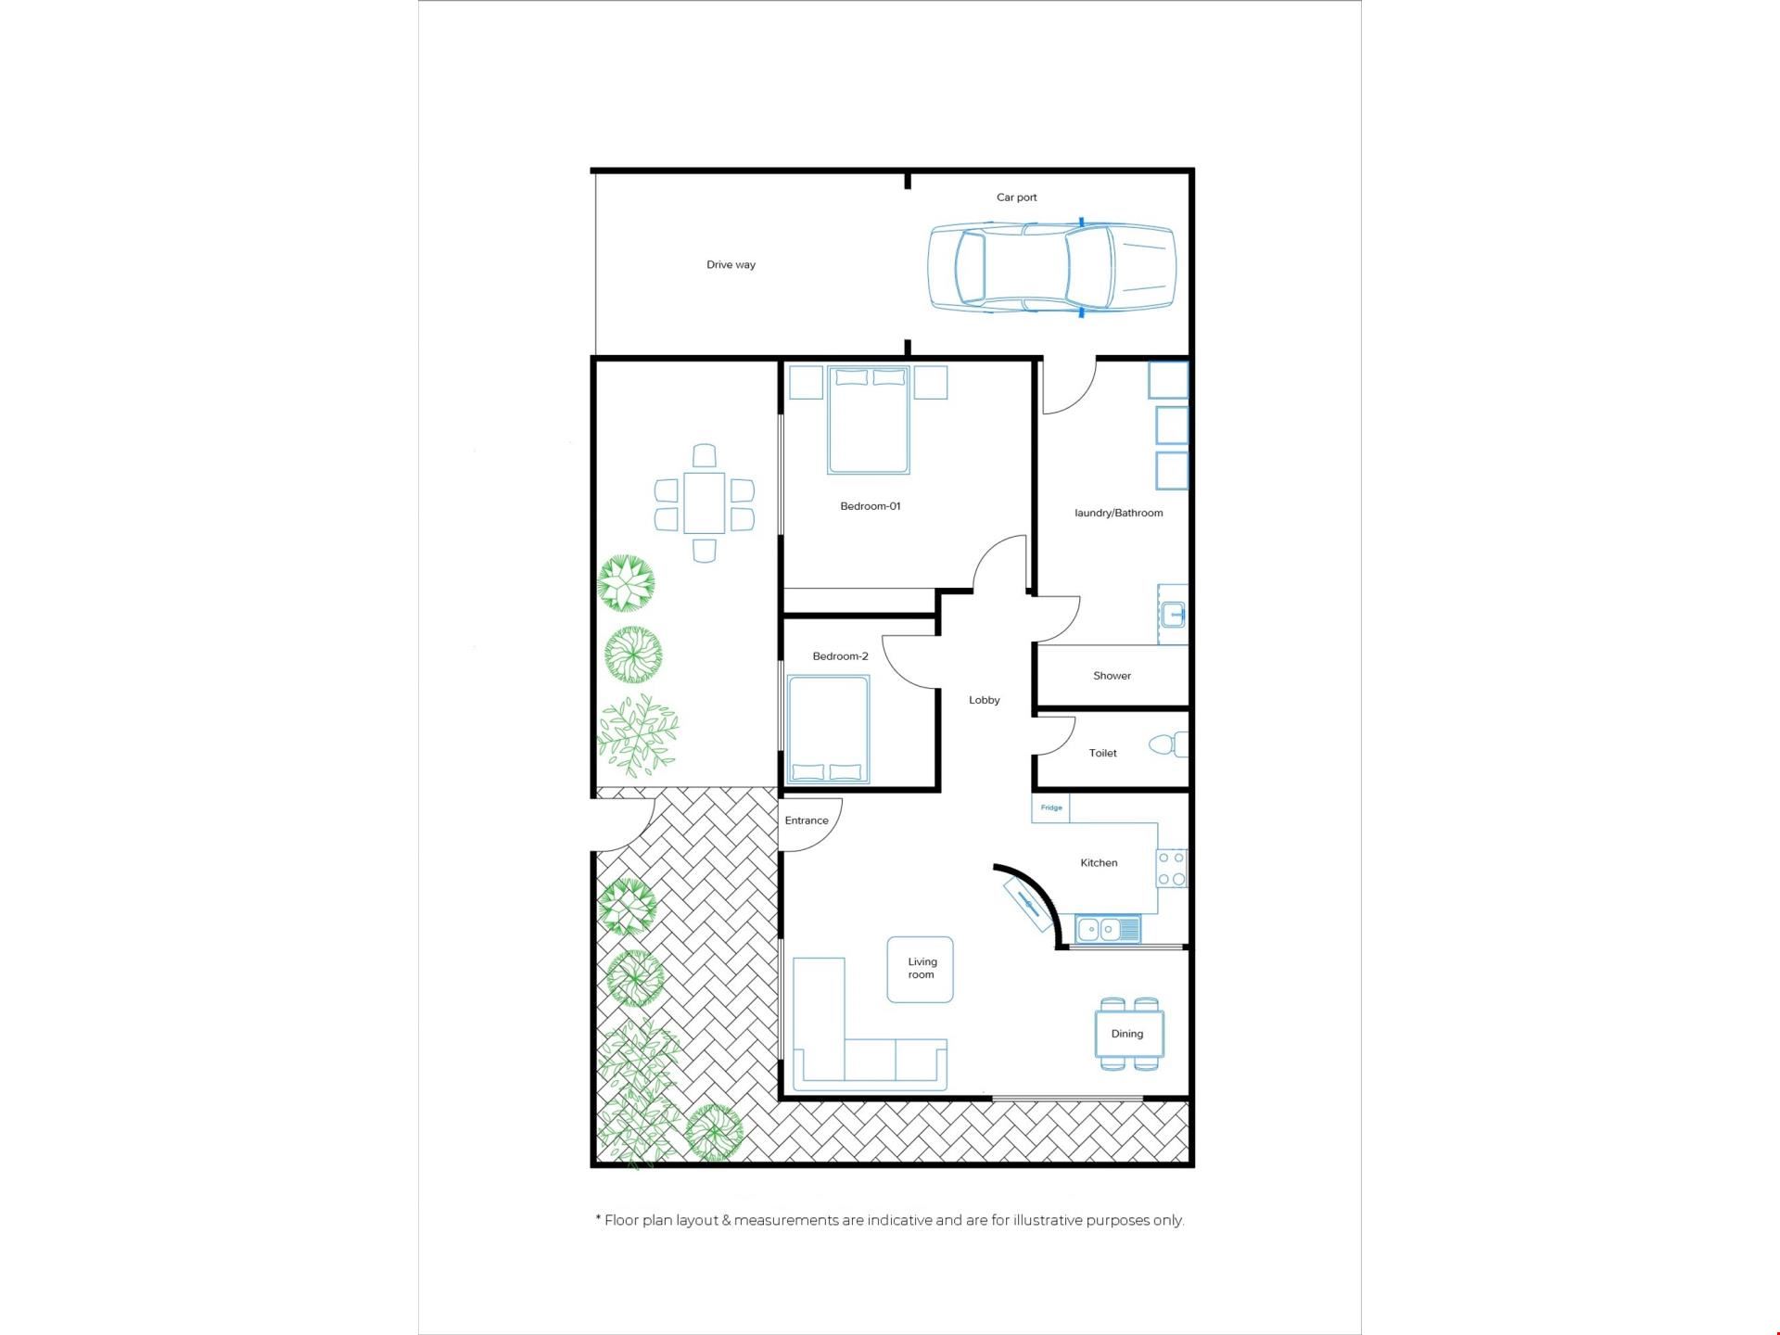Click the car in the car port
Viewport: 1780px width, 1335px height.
tap(1052, 269)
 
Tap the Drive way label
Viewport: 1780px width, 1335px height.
tap(731, 265)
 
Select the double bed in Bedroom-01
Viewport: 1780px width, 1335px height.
tap(869, 421)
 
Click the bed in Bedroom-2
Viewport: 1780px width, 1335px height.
tap(828, 730)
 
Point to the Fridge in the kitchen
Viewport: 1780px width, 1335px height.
tap(1051, 807)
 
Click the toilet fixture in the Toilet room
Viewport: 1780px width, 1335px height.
tap(1167, 744)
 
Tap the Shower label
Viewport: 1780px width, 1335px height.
tap(1112, 676)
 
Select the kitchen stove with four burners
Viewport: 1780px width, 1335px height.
tap(1172, 869)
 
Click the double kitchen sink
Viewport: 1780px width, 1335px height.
tap(1108, 928)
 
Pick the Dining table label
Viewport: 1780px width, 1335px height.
tap(1127, 1034)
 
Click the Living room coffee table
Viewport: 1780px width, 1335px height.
tap(921, 970)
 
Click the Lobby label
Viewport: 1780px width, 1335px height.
tap(985, 700)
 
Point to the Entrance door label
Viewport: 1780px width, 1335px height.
tap(807, 820)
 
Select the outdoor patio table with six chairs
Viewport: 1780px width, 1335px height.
tap(705, 503)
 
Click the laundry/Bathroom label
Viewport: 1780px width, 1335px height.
tap(1118, 513)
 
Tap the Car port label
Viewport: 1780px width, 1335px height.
tap(1016, 197)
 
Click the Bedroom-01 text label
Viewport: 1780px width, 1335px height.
tap(871, 506)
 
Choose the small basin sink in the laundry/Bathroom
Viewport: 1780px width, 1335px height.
tap(1174, 613)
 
